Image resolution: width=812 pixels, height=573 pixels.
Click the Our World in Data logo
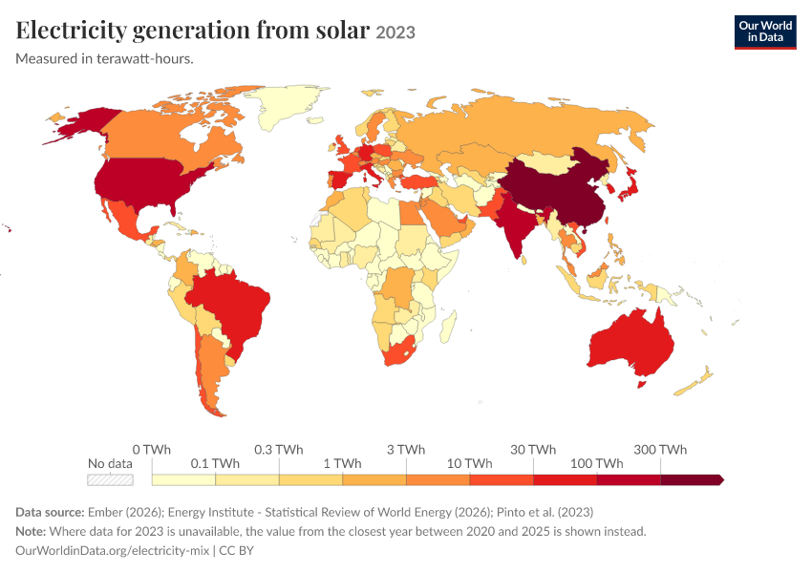[x=765, y=32]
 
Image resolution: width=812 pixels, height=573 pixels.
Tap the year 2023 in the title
[x=395, y=32]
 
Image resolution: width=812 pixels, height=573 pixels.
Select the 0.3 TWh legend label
[x=279, y=449]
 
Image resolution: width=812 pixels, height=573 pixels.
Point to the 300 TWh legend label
[x=660, y=449]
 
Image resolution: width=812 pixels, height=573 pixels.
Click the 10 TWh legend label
[x=470, y=463]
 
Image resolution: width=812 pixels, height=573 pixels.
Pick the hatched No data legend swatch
[x=110, y=479]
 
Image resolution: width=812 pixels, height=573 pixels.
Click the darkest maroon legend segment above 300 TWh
[x=692, y=479]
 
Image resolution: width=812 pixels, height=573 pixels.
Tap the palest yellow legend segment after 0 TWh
[x=183, y=479]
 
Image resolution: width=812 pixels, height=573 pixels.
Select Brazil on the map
[x=230, y=310]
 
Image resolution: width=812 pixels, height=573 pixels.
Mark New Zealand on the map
[x=694, y=383]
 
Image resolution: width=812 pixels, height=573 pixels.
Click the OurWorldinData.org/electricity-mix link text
[x=113, y=550]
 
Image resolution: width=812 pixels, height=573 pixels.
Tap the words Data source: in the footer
[x=50, y=512]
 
